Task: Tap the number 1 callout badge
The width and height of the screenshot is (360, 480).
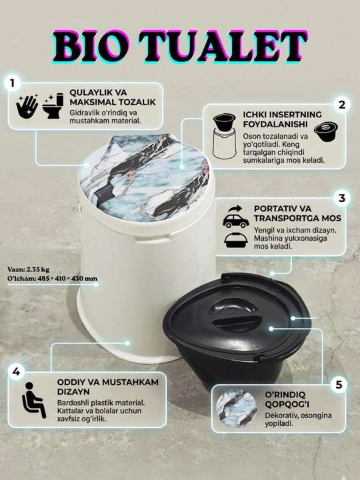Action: tap(12, 83)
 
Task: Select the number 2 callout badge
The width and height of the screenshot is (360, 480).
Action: tap(341, 105)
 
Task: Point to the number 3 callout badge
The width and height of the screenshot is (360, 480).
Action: tap(341, 199)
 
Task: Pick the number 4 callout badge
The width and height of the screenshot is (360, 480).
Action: tap(16, 372)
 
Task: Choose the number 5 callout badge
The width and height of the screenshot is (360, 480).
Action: tap(339, 385)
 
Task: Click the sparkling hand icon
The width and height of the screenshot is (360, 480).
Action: tap(27, 106)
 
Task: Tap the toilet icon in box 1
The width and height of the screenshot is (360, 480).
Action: tap(53, 106)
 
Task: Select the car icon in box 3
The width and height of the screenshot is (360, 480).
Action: tap(236, 221)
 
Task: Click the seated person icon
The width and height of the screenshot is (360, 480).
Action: tap(34, 400)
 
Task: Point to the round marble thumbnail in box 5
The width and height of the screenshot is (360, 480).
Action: tap(237, 408)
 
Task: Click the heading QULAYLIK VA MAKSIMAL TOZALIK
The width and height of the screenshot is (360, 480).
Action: tap(113, 97)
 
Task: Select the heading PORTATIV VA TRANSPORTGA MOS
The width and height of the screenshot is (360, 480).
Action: tap(297, 213)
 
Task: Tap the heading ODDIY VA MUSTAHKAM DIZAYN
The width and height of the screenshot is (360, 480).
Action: tap(108, 387)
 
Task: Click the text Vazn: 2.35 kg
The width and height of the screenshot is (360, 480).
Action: tap(28, 270)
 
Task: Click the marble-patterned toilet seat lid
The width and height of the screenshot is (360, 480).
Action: tap(144, 177)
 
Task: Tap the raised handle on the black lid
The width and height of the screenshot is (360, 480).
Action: tap(236, 322)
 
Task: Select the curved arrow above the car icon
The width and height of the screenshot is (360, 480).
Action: tap(235, 209)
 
